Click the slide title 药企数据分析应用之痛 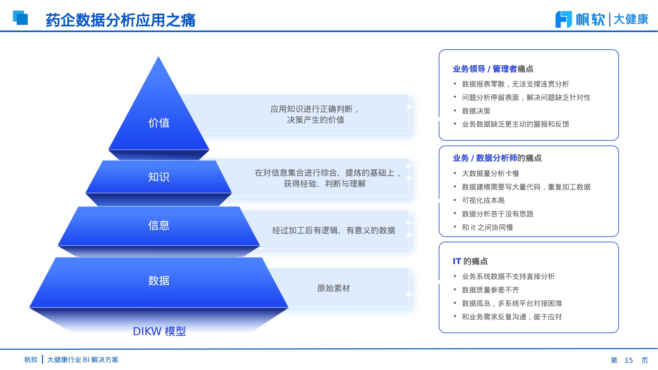pos(120,20)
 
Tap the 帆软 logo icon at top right pos(563,19)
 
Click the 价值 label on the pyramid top pos(159,123)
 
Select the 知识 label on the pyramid pos(159,177)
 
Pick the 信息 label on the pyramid pos(159,225)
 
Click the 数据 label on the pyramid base pos(159,281)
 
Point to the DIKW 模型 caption pos(159,331)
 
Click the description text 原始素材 pos(333,288)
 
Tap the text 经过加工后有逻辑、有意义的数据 pos(333,230)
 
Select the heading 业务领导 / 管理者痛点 pos(493,69)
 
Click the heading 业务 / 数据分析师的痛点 pos(497,158)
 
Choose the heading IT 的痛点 pos(470,261)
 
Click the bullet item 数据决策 pos(476,111)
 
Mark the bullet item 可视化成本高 pos(483,201)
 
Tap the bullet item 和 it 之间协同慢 pos(487,228)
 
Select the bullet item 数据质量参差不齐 pos(490,290)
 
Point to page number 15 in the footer pos(628,360)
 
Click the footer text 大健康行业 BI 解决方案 pos(83,360)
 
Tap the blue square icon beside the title pos(20,18)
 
